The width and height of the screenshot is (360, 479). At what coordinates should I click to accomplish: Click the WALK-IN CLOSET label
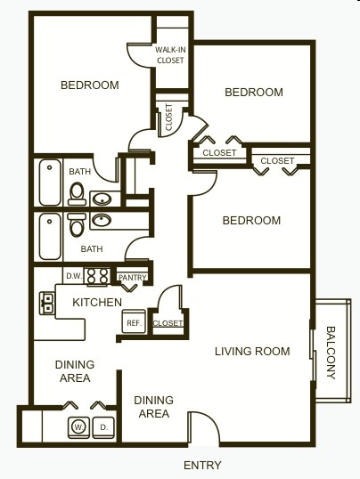[170, 54]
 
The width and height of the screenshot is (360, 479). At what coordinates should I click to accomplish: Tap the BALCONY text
[331, 352]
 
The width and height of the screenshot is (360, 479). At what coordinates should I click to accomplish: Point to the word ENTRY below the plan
[202, 465]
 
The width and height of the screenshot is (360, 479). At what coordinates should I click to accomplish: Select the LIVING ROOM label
[252, 351]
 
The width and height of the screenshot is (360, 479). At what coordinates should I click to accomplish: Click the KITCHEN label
[96, 303]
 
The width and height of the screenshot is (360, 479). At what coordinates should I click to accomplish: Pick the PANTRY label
[132, 277]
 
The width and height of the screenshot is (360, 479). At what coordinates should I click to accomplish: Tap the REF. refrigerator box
[134, 322]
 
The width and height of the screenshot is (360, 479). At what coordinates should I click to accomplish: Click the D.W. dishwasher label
[74, 276]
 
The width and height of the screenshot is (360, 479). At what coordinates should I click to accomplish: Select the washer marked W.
[78, 427]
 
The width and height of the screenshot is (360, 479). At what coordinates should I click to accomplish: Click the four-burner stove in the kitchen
[96, 277]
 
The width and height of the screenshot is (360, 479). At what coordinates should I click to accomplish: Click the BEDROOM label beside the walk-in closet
[89, 85]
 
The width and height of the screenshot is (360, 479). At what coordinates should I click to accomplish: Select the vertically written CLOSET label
[169, 118]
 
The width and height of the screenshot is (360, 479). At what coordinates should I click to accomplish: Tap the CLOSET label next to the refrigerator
[168, 322]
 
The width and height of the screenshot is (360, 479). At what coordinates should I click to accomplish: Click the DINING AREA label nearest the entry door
[154, 407]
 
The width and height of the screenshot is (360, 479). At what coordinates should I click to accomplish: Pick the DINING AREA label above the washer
[73, 371]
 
